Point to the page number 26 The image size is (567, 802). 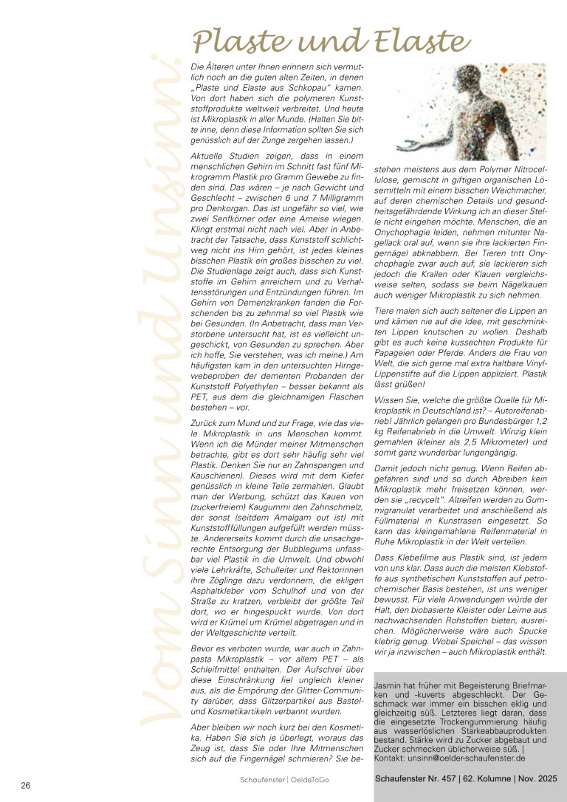click(x=25, y=784)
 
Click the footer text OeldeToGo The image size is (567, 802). click(x=312, y=780)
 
